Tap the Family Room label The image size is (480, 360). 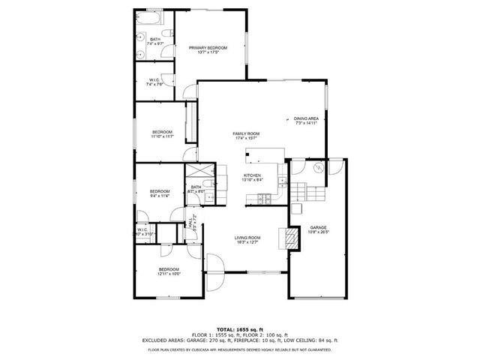point(246,136)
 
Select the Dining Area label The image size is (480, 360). point(306,120)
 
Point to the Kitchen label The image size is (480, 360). point(251,178)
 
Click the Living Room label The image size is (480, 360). point(247,239)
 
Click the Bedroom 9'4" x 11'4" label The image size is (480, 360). point(159,193)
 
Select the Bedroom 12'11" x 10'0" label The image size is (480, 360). point(169,271)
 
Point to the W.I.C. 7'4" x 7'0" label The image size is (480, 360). point(154,82)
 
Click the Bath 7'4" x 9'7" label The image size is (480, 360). point(154,42)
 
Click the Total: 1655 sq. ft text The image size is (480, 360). point(240,329)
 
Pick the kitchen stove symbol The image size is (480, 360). point(262,198)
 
